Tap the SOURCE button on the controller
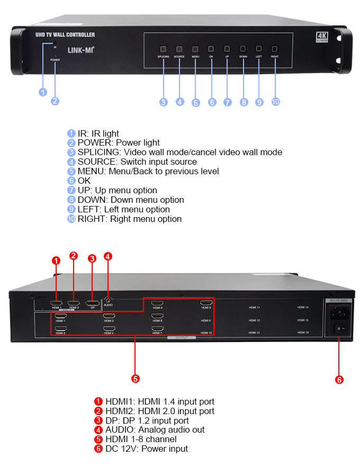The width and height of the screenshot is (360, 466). (x=179, y=48)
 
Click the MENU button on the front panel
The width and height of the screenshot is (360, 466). (x=195, y=48)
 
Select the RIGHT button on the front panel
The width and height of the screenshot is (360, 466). (x=275, y=48)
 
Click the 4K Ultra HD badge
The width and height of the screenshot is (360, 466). (x=322, y=37)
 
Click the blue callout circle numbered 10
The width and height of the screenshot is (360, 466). (x=275, y=102)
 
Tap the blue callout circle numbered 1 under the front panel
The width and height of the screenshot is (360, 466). (x=43, y=92)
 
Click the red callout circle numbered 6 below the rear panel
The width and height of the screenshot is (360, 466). (x=339, y=379)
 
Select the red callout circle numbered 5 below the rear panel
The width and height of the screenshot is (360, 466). (x=136, y=379)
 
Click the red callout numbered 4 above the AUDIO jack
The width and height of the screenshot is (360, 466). (x=108, y=256)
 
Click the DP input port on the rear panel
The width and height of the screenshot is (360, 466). (x=92, y=303)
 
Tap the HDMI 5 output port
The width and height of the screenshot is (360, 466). (x=157, y=304)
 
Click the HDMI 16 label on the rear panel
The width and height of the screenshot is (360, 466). (x=303, y=333)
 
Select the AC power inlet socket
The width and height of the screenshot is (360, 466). (x=339, y=313)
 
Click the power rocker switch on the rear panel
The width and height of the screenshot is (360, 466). (x=339, y=329)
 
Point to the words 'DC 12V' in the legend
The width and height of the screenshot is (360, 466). (x=119, y=449)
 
